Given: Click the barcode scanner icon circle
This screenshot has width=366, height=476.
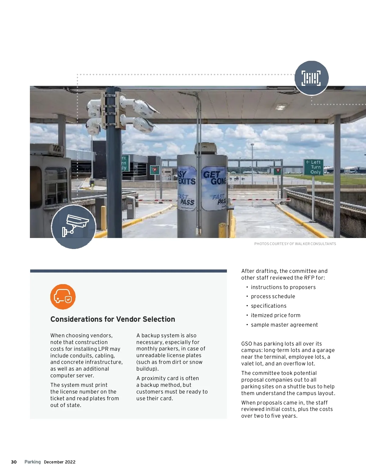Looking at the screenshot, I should point(311,78).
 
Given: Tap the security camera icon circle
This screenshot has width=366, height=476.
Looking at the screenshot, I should point(74,227).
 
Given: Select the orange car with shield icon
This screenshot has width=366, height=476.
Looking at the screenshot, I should point(63,297).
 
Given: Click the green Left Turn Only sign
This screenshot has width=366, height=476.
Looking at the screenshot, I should point(314,167).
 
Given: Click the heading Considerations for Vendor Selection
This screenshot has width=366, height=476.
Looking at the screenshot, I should point(113,319).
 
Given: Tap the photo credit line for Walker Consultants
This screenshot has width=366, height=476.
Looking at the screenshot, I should point(295,244).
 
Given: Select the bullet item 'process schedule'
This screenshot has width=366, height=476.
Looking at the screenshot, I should point(273,296).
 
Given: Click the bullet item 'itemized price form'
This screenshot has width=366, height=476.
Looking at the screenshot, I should point(275,315).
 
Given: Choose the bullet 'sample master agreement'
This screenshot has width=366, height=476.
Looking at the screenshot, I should point(284,325).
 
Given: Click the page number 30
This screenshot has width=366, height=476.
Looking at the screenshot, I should point(14,462).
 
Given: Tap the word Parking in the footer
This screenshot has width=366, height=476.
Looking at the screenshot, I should point(33,462).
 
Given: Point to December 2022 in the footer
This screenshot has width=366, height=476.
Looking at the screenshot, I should point(59,462).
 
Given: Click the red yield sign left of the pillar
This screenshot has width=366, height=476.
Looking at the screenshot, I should point(155,170).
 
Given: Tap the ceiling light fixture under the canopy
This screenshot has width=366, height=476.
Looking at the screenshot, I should point(281,107).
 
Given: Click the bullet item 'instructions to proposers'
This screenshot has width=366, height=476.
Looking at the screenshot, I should point(283,287).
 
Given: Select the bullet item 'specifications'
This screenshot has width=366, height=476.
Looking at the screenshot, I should point(268,306).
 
